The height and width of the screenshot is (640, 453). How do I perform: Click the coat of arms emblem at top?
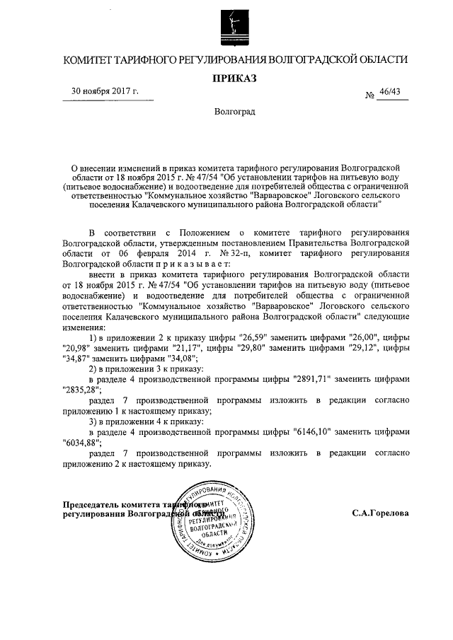(x=234, y=25)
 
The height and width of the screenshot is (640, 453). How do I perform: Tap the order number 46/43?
(x=389, y=92)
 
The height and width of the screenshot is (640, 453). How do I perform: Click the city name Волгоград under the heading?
(x=235, y=112)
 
